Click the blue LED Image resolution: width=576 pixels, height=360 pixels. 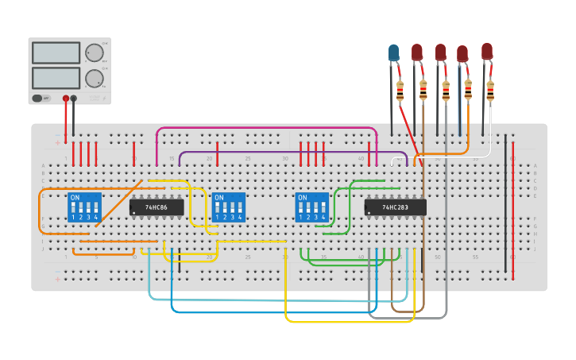[x=393, y=53]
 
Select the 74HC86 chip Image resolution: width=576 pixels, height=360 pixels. [x=157, y=207]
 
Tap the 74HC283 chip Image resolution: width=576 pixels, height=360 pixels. [x=396, y=207]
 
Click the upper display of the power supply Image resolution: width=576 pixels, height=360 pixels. [x=56, y=52]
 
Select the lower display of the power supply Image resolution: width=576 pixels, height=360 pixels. [x=56, y=78]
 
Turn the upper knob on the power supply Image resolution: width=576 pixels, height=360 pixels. [x=95, y=52]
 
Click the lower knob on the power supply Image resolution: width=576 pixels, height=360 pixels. [x=95, y=78]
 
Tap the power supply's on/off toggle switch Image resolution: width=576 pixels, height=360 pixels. [x=37, y=98]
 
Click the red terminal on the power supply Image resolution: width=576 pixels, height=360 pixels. [x=65, y=99]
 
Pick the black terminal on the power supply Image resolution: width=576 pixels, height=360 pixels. [x=74, y=99]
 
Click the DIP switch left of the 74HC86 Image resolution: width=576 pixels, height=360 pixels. [x=85, y=207]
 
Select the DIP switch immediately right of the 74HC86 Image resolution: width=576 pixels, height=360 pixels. [x=229, y=207]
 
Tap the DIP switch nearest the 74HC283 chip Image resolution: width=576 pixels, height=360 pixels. [x=311, y=207]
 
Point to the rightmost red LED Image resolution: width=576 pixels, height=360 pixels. [x=486, y=51]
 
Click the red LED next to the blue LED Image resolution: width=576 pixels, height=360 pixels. [x=417, y=52]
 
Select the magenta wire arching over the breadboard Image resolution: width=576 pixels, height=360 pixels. [x=266, y=128]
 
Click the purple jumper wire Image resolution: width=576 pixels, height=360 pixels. [x=294, y=153]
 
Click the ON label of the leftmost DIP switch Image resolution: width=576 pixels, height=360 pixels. [x=75, y=197]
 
